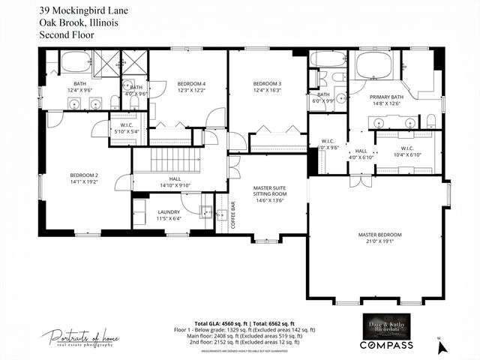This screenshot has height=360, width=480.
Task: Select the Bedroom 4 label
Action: pos(190,82)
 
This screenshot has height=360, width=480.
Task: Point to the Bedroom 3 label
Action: pos(267,82)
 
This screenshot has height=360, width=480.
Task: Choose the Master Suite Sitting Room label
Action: pos(268,193)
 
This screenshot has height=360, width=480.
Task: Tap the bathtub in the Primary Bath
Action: pos(378,66)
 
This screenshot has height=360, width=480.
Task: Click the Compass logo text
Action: pos(387,345)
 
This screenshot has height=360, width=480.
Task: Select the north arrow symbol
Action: pos(442,346)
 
